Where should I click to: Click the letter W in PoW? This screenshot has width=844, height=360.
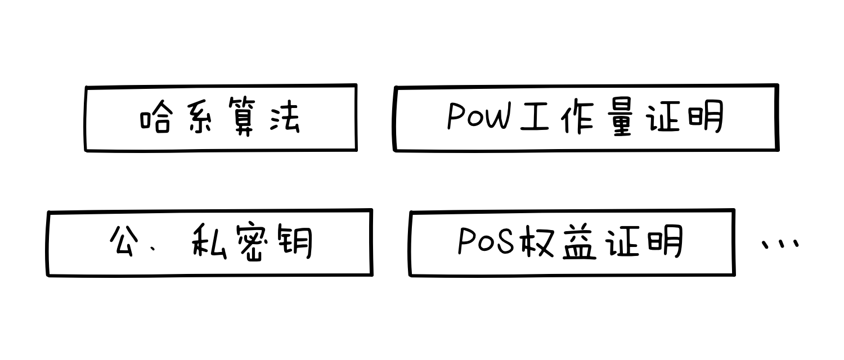click(496, 118)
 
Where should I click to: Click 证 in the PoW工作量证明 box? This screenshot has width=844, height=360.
click(664, 119)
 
